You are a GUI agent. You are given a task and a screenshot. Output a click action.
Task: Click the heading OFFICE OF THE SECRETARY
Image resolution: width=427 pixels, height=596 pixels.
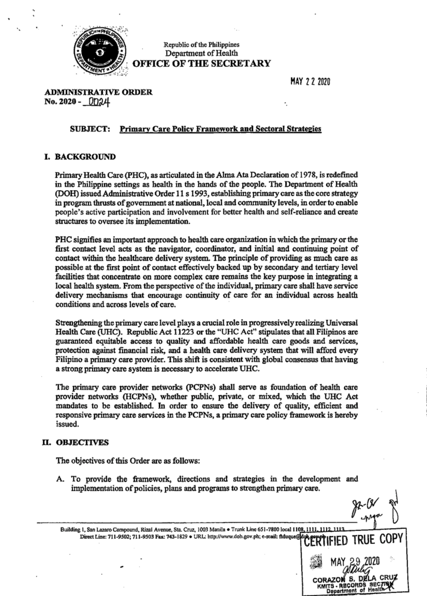[x=201, y=64]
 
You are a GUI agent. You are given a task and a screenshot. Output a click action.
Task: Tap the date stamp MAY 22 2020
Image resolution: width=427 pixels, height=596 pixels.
[x=310, y=82]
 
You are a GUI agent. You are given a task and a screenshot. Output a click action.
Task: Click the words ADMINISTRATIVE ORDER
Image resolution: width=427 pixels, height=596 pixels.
[x=98, y=92]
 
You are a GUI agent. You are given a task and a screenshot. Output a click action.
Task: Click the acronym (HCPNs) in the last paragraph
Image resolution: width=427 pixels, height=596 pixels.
[x=140, y=396]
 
